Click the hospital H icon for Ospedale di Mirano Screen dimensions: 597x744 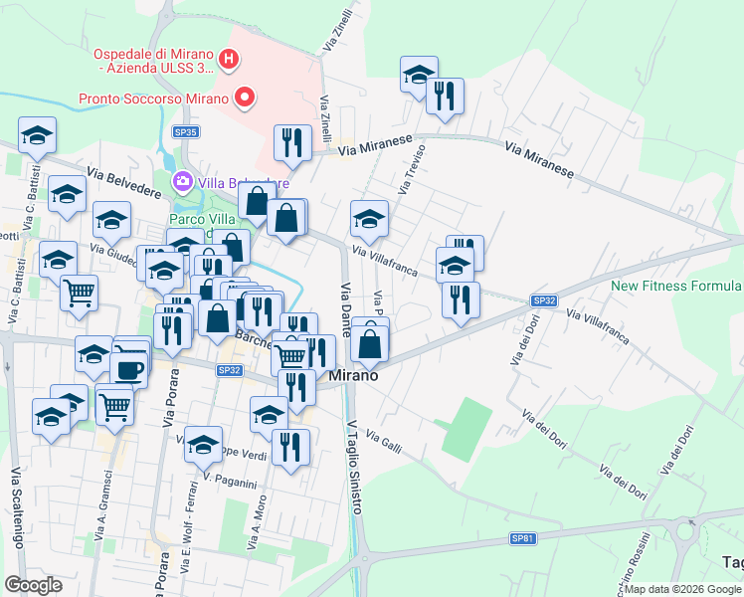[x=230, y=60]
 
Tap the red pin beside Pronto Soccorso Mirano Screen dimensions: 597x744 [x=244, y=98]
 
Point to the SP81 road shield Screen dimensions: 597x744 [x=523, y=538]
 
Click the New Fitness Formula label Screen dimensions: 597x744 [x=676, y=286]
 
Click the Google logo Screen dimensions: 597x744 [x=33, y=585]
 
